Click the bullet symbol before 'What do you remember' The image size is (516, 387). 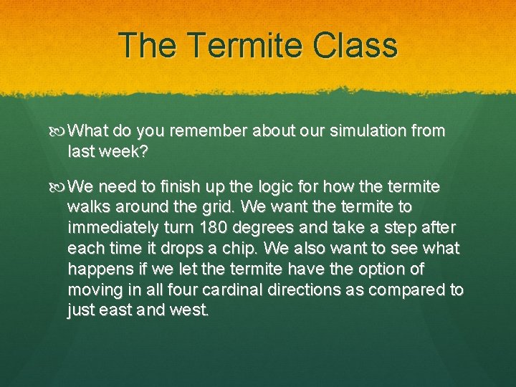click(59, 132)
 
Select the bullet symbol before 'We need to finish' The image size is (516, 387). click(59, 188)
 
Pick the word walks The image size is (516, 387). click(87, 207)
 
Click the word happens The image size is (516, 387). click(97, 269)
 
